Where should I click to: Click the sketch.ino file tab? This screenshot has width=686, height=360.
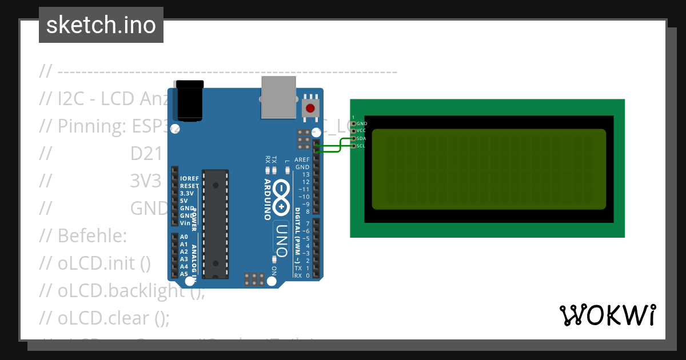tap(101, 25)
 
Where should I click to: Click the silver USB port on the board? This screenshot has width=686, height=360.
tap(278, 97)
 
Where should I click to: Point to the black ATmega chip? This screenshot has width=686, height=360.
tap(216, 224)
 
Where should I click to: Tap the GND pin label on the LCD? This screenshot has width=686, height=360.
tap(362, 123)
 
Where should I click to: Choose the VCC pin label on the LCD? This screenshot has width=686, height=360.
tap(362, 131)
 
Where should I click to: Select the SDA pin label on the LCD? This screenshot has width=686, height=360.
tap(362, 138)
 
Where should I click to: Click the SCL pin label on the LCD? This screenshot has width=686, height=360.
tap(362, 146)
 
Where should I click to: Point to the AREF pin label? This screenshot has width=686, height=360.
tap(302, 160)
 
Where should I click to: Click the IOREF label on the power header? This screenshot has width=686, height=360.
tap(189, 178)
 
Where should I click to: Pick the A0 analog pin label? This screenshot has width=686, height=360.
tap(184, 237)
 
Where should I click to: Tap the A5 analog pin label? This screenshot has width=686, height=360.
tap(184, 274)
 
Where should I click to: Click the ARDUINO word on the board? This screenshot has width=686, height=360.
tap(267, 199)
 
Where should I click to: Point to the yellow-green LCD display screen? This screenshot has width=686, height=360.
tap(489, 169)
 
